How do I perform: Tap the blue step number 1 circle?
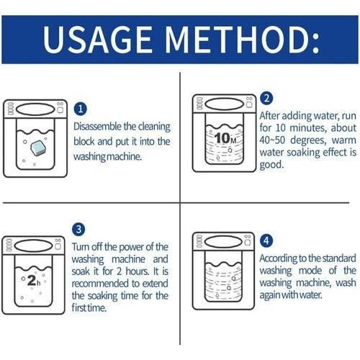click(x=81, y=108)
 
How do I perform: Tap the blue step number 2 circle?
click(x=266, y=99)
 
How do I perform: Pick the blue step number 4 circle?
click(x=266, y=240)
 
